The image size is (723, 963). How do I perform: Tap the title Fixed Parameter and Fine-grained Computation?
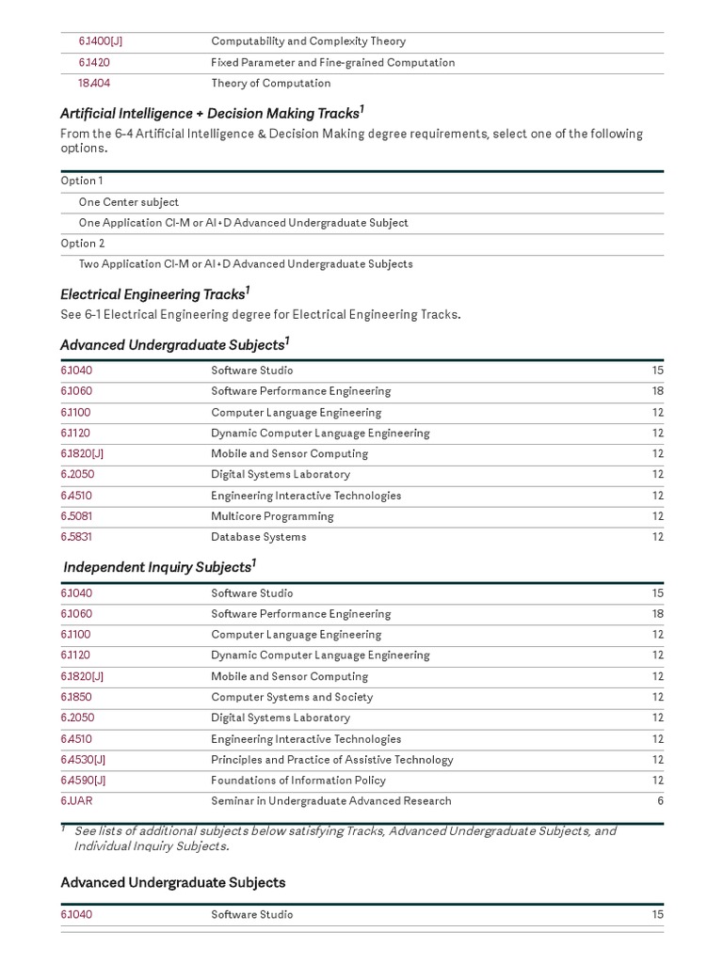(332, 62)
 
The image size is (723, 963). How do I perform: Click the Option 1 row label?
(82, 181)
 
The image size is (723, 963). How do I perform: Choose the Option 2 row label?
(83, 244)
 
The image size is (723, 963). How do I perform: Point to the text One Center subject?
(128, 202)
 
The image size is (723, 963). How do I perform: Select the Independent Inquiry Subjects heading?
(157, 567)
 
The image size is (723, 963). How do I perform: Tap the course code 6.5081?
(76, 516)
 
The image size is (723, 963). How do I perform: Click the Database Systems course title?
(258, 537)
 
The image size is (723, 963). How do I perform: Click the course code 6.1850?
(76, 697)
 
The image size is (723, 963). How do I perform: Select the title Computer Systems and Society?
(292, 697)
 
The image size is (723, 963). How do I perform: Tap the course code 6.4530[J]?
(83, 759)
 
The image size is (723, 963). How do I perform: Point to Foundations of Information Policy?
(298, 780)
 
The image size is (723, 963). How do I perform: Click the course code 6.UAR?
(76, 800)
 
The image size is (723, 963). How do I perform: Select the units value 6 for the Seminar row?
(660, 800)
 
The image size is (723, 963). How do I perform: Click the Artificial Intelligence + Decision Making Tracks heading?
(209, 113)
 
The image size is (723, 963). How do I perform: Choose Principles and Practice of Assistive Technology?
(331, 759)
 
